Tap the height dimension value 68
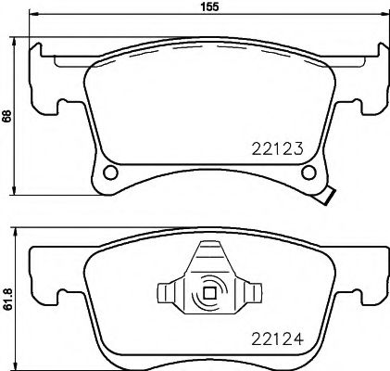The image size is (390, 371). click(x=7, y=117)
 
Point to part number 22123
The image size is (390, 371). click(x=279, y=146)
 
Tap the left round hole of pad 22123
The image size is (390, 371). click(x=111, y=173)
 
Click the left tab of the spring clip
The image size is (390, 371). click(x=167, y=294)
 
